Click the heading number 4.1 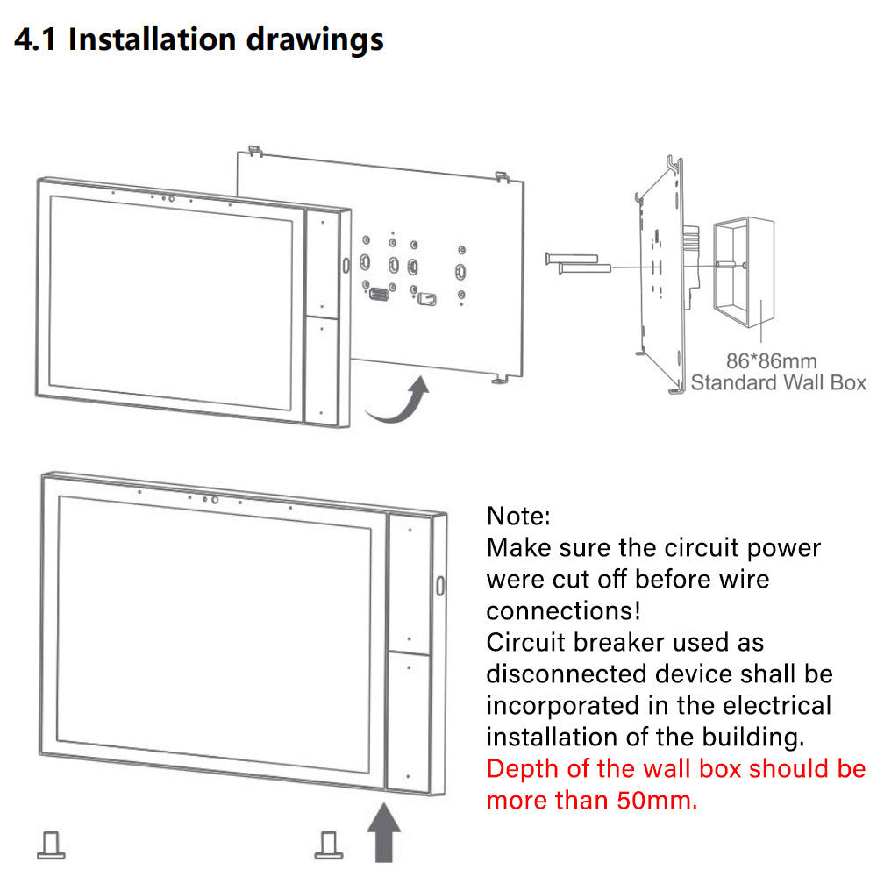pyautogui.click(x=35, y=39)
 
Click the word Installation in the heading pyautogui.click(x=152, y=39)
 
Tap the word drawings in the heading pyautogui.click(x=315, y=41)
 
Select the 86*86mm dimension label pyautogui.click(x=771, y=361)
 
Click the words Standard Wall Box pyautogui.click(x=778, y=382)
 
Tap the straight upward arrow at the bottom pyautogui.click(x=384, y=832)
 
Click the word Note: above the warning pyautogui.click(x=518, y=516)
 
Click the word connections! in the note pyautogui.click(x=563, y=610)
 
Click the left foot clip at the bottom pyautogui.click(x=51, y=845)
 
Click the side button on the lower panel pyautogui.click(x=440, y=586)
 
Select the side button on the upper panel pyautogui.click(x=346, y=265)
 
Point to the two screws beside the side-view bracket pyautogui.click(x=578, y=263)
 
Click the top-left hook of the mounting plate pyautogui.click(x=255, y=151)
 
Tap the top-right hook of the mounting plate pyautogui.click(x=502, y=177)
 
